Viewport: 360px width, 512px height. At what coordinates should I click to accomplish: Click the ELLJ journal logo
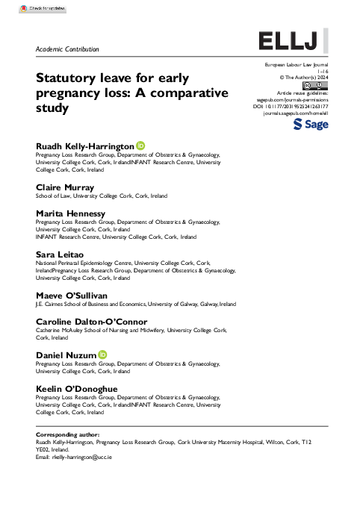[292, 40]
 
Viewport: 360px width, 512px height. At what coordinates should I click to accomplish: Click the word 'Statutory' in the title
[66, 78]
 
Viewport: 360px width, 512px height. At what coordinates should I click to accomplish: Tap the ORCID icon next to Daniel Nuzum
[103, 354]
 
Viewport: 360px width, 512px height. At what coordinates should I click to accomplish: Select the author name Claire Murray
[66, 187]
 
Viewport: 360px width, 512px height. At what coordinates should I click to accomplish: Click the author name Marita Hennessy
[71, 213]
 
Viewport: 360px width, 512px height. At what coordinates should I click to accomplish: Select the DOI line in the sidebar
[296, 107]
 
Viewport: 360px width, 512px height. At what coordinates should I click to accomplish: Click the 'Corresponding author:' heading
[67, 434]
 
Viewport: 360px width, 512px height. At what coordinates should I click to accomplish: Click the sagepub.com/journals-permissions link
[299, 99]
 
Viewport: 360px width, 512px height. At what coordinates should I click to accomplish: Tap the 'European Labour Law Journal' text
[297, 66]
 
